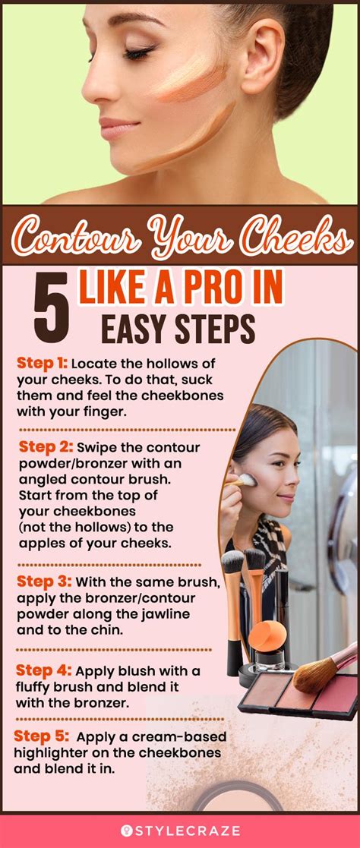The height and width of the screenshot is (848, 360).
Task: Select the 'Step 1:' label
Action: pos(41,364)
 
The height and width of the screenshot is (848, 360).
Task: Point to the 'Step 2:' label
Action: pos(44,446)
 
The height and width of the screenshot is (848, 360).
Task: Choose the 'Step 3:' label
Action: pos(44,581)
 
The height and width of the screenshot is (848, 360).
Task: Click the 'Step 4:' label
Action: pos(44,670)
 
